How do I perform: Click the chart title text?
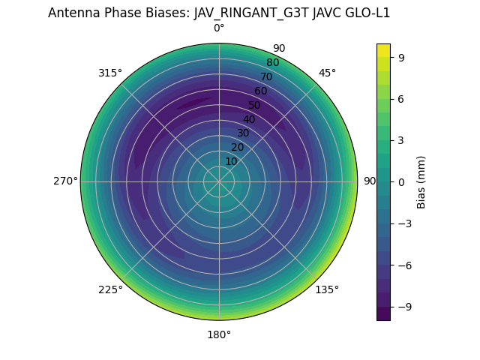(x=219, y=13)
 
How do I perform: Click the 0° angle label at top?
(x=219, y=28)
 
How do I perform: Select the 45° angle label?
(x=327, y=73)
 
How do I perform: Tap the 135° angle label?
(x=327, y=289)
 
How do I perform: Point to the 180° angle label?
(x=219, y=334)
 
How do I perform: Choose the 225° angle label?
(x=110, y=289)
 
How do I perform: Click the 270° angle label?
(x=65, y=181)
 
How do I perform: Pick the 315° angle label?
(x=110, y=73)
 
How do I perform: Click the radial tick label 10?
(x=232, y=161)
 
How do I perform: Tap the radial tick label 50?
(x=255, y=105)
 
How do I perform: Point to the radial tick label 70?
(x=266, y=76)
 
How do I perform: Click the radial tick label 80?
(x=272, y=63)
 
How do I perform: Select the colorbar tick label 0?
(x=402, y=181)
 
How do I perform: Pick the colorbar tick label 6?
(x=402, y=98)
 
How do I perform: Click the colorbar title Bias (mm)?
(x=421, y=181)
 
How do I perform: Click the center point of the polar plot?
(x=219, y=181)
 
